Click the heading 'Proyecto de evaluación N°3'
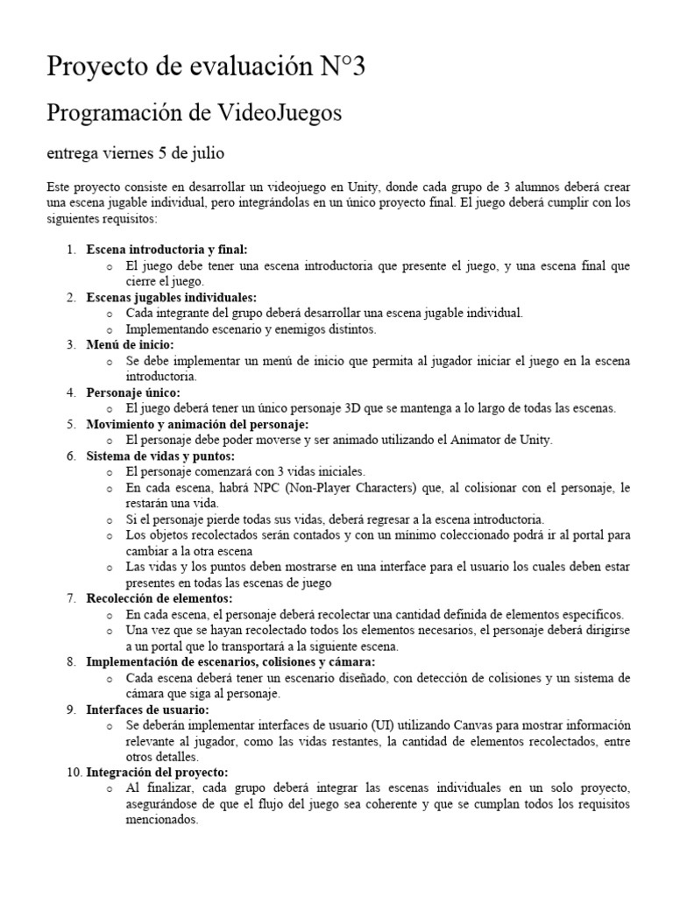click(206, 66)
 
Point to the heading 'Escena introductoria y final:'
click(166, 250)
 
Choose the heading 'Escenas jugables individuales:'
click(171, 297)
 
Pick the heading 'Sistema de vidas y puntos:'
click(160, 456)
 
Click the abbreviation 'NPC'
click(254, 487)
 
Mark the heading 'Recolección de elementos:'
click(159, 598)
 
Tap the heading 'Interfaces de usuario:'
click(147, 710)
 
